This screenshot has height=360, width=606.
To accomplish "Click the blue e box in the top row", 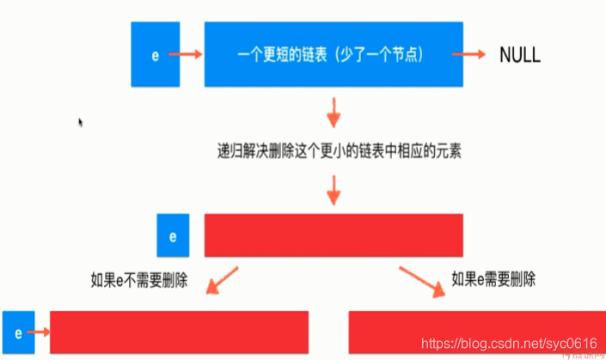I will (155, 55).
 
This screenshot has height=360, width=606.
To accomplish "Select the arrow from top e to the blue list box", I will (185, 55).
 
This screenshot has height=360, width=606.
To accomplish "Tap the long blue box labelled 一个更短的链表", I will (334, 55).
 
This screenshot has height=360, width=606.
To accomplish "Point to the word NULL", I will (520, 55).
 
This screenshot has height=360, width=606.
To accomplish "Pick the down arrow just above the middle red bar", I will (334, 189).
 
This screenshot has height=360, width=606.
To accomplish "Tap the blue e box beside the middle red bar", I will (172, 235).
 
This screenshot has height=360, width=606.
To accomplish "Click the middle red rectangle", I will (334, 235).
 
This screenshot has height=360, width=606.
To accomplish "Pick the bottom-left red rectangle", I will (179, 332).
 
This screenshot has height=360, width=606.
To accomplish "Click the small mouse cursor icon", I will (81, 123).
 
